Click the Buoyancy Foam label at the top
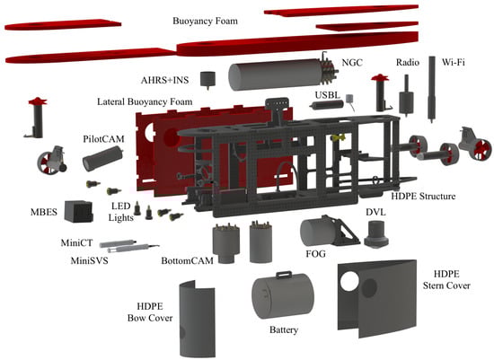[205, 22]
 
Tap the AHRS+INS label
[164, 80]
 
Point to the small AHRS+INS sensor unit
[208, 80]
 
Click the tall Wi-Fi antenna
[432, 89]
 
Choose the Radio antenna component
[406, 96]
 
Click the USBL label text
[328, 95]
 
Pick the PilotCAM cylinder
[102, 158]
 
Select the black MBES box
[79, 211]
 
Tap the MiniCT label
[76, 242]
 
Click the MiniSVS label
[89, 260]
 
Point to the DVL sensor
[376, 234]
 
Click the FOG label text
[315, 253]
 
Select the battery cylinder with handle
[283, 294]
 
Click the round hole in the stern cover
[349, 281]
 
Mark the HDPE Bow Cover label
[150, 312]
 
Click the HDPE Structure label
[423, 197]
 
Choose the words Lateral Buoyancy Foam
[145, 101]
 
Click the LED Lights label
[120, 211]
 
